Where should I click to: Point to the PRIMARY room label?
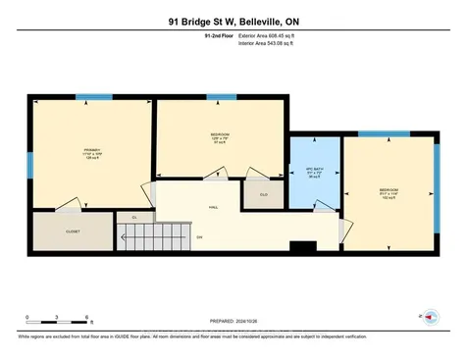pos(91,153)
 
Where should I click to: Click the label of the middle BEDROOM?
pos(220,137)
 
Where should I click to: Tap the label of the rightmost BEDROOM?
pos(389,192)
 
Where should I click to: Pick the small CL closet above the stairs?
pos(133,218)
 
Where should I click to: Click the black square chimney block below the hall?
pos(304,248)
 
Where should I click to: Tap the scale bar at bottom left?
pos(58,316)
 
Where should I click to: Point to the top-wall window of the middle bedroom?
pos(220,97)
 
